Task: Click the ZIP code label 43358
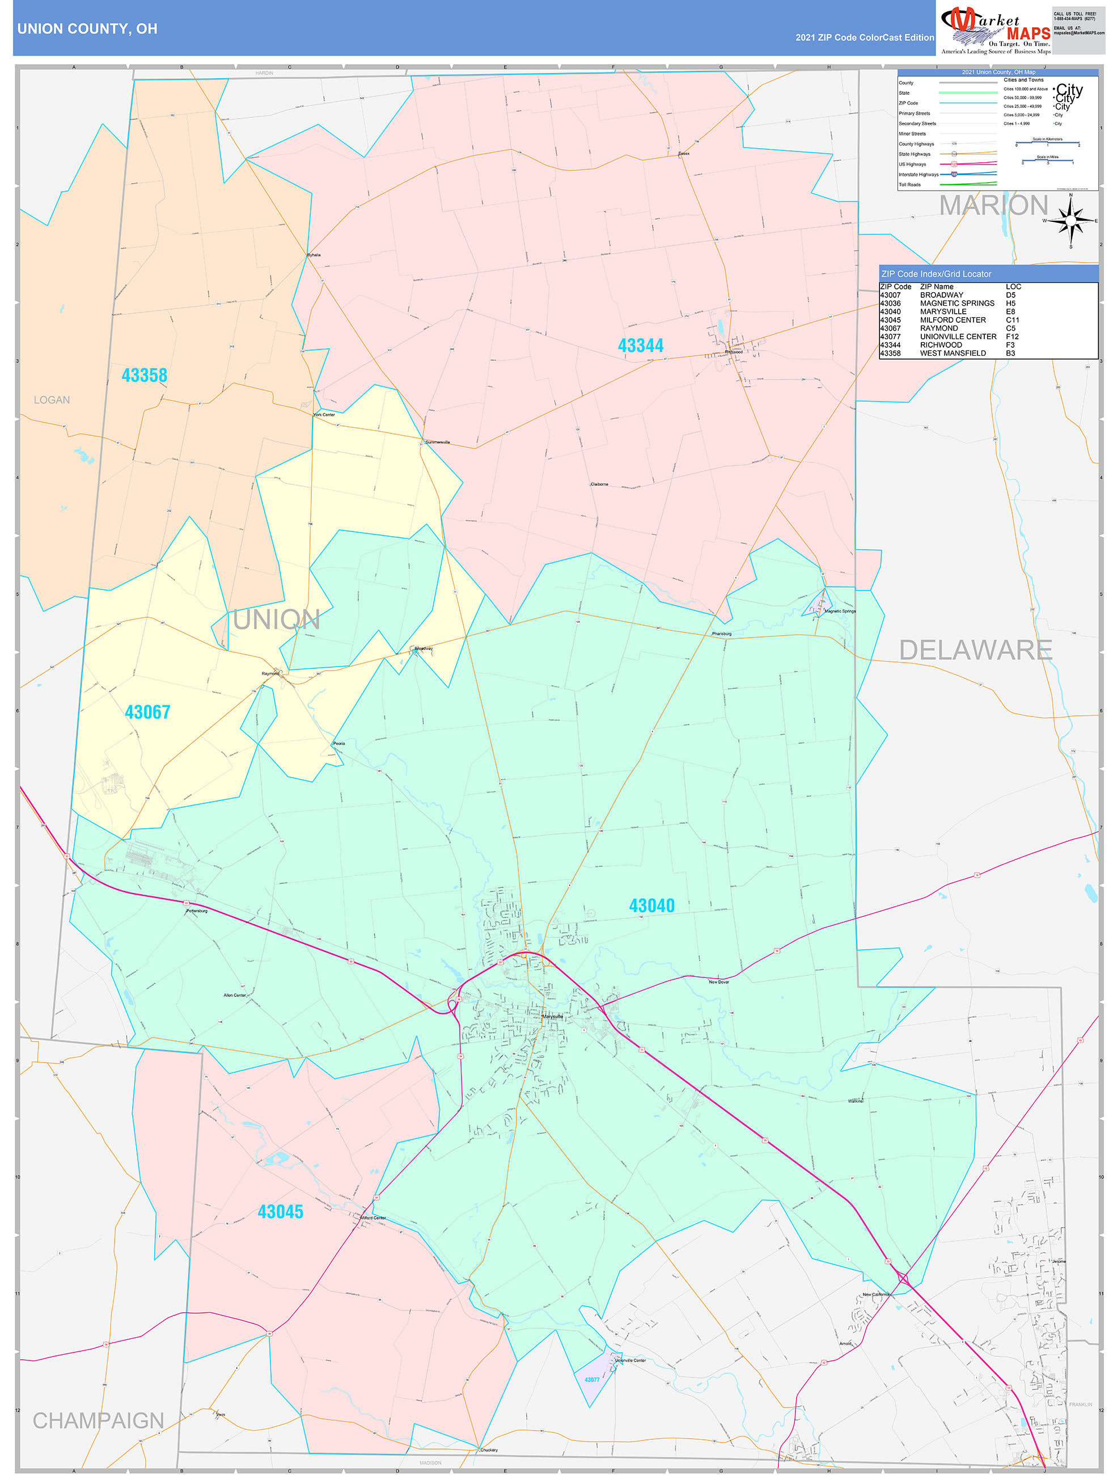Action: (x=144, y=376)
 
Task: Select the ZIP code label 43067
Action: (x=147, y=712)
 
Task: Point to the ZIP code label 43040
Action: (x=651, y=905)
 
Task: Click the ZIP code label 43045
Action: (x=280, y=1212)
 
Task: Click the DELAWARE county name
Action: (x=975, y=650)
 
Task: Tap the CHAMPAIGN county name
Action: (x=99, y=1421)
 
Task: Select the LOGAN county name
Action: (x=52, y=400)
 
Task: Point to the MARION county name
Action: (x=993, y=205)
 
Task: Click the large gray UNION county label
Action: (x=276, y=620)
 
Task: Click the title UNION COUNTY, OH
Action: (x=87, y=29)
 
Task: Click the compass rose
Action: (x=1070, y=220)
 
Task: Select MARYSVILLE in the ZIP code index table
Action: (x=942, y=311)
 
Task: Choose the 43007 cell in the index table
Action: (x=890, y=295)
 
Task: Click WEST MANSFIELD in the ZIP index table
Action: (x=953, y=353)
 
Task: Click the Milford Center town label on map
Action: (x=373, y=1218)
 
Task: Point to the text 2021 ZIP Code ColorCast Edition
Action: (x=865, y=37)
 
